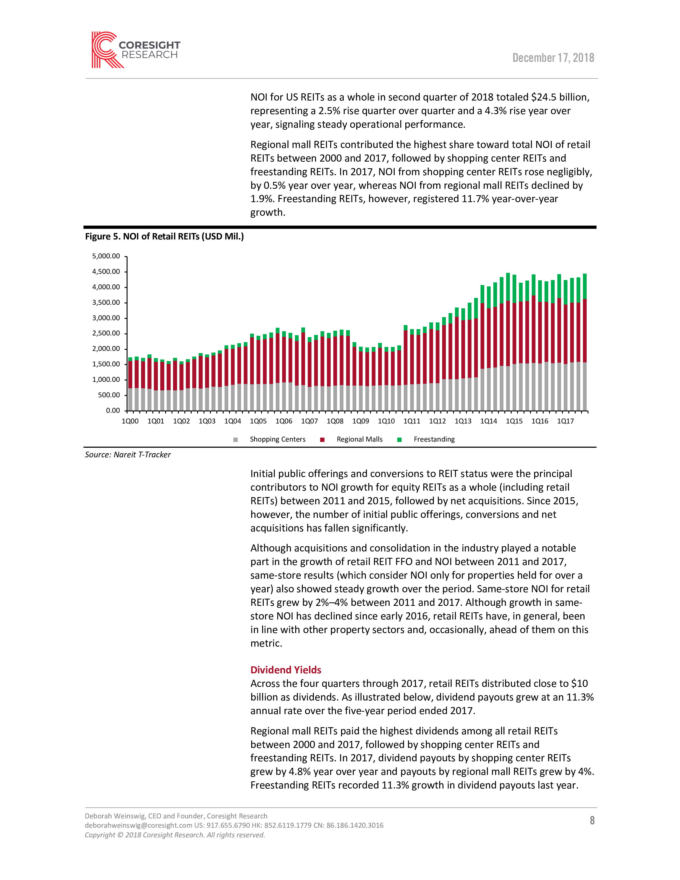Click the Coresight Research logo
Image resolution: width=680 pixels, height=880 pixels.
tap(135, 50)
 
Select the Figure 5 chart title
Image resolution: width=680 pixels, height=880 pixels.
tap(164, 237)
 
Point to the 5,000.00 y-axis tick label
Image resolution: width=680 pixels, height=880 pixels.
tap(106, 256)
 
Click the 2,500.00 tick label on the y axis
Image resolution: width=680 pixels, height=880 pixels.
tap(106, 333)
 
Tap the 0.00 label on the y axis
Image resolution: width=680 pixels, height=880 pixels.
tap(113, 411)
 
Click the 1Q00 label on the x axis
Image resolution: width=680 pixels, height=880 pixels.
tap(130, 421)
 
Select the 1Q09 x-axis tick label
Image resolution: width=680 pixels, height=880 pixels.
tap(361, 421)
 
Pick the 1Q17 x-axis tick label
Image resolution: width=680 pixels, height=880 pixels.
tap(565, 421)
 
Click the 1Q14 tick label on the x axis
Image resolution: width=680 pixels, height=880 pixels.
tap(488, 421)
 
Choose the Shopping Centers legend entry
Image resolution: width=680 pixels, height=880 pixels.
tap(277, 439)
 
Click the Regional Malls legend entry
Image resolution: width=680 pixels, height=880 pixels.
tap(359, 439)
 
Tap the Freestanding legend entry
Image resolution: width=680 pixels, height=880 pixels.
tap(434, 439)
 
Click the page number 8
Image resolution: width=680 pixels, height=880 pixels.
tap(592, 820)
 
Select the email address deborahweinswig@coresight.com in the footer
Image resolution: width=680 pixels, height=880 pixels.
tap(138, 826)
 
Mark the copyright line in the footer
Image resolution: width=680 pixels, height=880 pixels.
tap(175, 835)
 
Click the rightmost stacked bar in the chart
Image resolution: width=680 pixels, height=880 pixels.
tap(585, 342)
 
